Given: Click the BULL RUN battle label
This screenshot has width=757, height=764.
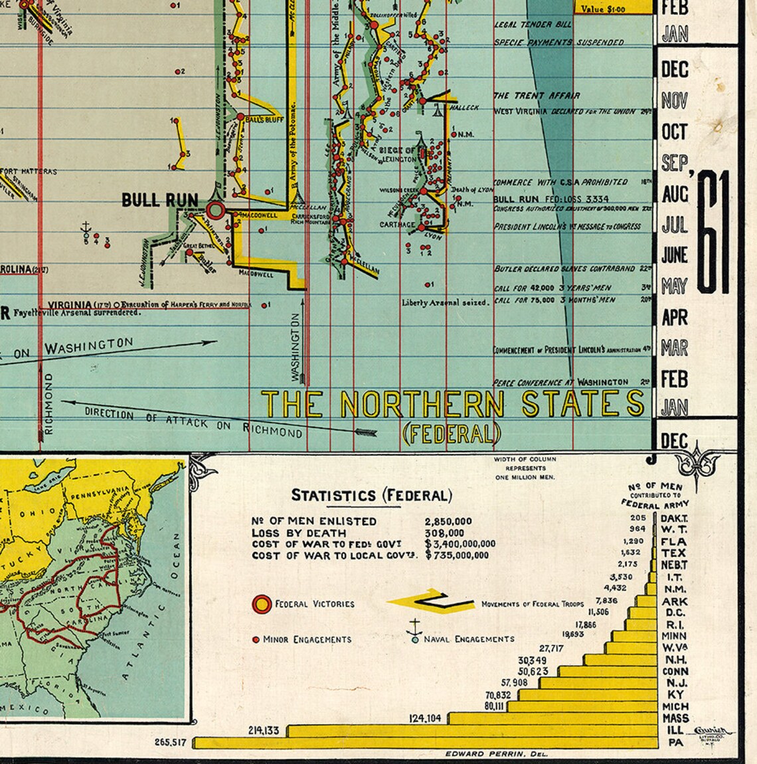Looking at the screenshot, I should [x=160, y=199].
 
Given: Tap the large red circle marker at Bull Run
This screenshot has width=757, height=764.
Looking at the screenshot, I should [x=215, y=211].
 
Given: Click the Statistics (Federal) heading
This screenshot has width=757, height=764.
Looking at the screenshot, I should [x=372, y=496].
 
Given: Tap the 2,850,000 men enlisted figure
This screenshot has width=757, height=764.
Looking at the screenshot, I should [x=448, y=522].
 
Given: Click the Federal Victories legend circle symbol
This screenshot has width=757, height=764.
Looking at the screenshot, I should [x=262, y=604].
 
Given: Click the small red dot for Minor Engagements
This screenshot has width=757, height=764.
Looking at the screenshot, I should [x=256, y=640].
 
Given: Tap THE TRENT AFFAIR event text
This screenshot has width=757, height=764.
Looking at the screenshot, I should [x=537, y=96].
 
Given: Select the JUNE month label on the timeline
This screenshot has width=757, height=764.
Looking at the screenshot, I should [x=675, y=255].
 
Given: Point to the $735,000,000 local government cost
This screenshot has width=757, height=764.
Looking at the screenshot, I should [x=458, y=555].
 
